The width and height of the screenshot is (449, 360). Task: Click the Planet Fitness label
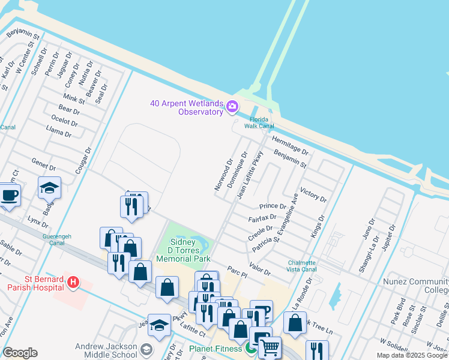click(216, 348)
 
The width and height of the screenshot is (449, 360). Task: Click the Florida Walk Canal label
click(259, 122)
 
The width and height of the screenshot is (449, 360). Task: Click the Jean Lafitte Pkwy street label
click(250, 175)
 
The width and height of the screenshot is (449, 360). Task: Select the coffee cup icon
click(9, 195)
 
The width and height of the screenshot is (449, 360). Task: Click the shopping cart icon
click(270, 347)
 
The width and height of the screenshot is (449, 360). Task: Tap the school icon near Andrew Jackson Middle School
click(146, 349)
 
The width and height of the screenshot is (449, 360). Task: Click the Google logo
click(20, 353)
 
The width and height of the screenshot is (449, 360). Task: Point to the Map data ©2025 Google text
click(412, 355)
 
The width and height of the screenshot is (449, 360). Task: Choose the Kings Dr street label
click(318, 227)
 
